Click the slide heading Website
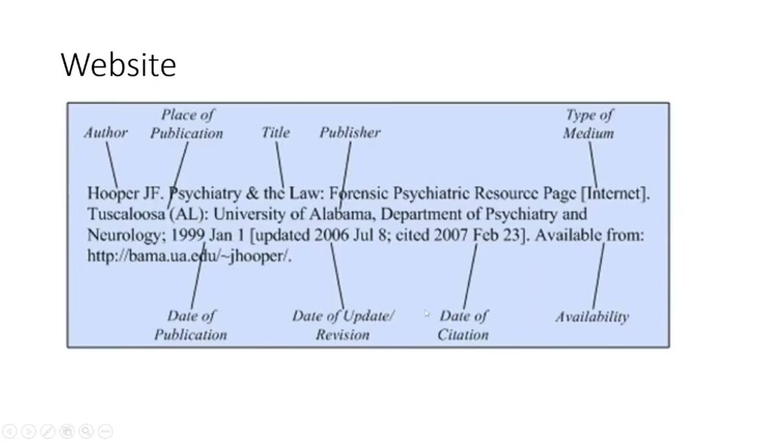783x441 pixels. [x=119, y=64]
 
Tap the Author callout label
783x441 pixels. [x=106, y=132]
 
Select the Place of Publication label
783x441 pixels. [x=187, y=124]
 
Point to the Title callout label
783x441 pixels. [x=275, y=132]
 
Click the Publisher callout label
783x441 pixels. [x=349, y=132]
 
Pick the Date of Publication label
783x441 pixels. [x=190, y=325]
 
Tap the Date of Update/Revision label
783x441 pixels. [x=343, y=325]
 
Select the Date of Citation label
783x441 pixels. [x=463, y=325]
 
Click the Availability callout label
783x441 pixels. [x=592, y=317]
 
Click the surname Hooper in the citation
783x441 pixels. [x=113, y=193]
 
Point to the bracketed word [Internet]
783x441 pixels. [x=616, y=193]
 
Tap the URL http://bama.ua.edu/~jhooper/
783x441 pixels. [x=190, y=256]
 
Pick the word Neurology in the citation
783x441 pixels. [x=123, y=235]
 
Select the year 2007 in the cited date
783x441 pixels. [x=450, y=235]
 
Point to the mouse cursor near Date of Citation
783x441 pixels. [x=427, y=313]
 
